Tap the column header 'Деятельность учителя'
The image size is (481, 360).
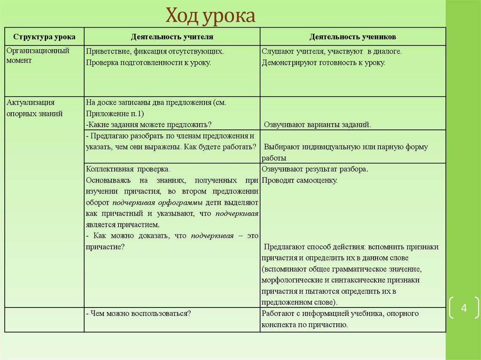tap(172, 37)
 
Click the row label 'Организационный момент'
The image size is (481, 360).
tap(38, 55)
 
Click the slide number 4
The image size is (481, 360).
tap(464, 308)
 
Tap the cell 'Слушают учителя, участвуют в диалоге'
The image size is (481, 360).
tap(332, 51)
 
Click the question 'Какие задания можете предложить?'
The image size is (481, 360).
tap(149, 124)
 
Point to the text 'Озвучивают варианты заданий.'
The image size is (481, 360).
tap(318, 125)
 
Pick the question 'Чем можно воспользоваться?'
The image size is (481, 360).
tap(138, 314)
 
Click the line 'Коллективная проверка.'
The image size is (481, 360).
tap(128, 169)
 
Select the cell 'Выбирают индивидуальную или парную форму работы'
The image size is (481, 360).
tap(345, 152)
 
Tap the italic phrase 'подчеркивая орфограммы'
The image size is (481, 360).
tap(157, 203)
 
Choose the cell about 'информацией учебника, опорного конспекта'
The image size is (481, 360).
tap(340, 319)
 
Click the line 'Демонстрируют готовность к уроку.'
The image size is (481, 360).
tap(324, 62)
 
